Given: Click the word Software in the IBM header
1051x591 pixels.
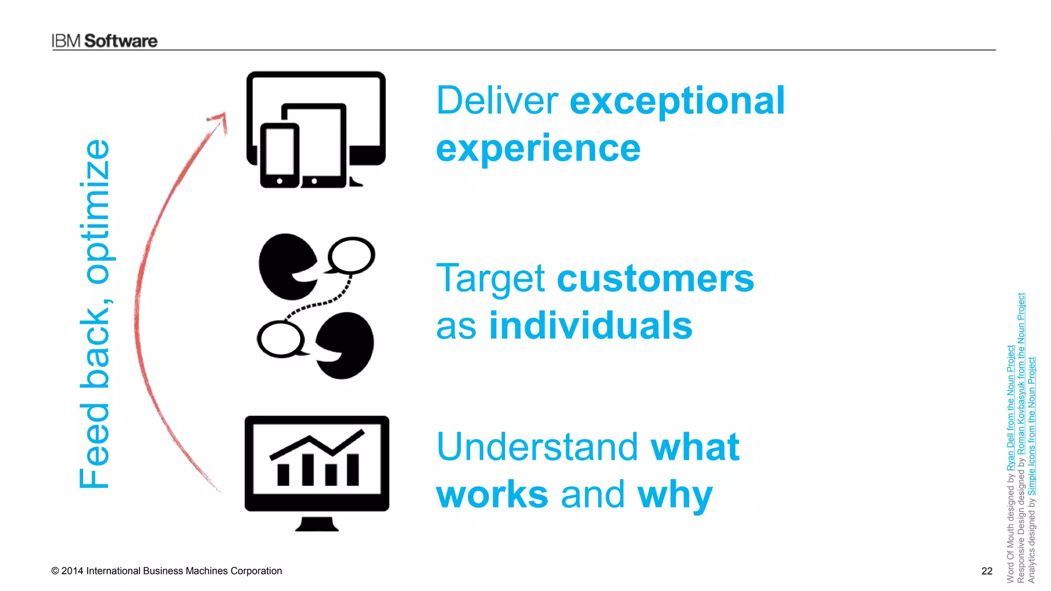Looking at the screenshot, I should pyautogui.click(x=121, y=41).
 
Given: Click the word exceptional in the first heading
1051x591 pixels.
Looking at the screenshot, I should pyautogui.click(x=677, y=101).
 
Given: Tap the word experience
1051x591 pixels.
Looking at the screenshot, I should pyautogui.click(x=538, y=148).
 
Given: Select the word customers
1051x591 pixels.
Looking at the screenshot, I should pyautogui.click(x=655, y=279).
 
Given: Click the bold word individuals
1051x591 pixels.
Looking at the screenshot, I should pyautogui.click(x=590, y=326).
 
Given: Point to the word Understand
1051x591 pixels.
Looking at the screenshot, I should pyautogui.click(x=537, y=447).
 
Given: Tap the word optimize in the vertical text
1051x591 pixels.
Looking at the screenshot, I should pyautogui.click(x=96, y=211).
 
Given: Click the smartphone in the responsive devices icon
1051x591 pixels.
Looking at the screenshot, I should pyautogui.click(x=279, y=155).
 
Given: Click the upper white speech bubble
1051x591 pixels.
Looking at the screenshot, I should pyautogui.click(x=352, y=255).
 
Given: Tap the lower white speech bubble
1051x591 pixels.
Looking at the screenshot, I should pyautogui.click(x=280, y=339).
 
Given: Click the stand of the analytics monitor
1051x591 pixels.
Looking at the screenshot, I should pyautogui.click(x=317, y=524).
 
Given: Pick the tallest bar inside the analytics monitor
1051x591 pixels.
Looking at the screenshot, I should pyautogui.click(x=308, y=469).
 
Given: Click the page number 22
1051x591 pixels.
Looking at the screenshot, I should pyautogui.click(x=986, y=571).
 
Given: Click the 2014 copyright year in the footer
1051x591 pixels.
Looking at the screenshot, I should pyautogui.click(x=72, y=571).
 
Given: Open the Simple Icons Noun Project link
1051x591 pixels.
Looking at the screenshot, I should pyautogui.click(x=1031, y=426).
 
